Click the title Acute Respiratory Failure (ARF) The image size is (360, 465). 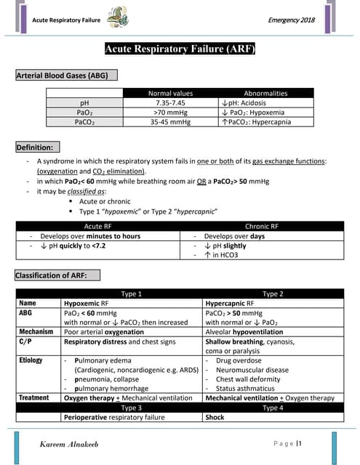point(180,49)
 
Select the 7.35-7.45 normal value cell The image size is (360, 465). point(171,102)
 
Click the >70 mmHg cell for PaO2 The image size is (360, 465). point(171,112)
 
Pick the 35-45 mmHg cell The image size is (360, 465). point(171,122)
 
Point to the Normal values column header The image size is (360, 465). point(171,93)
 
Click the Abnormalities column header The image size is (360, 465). point(265,93)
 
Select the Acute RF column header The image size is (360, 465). point(98,227)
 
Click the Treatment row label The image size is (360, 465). point(34,398)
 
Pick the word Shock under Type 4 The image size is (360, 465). point(216,417)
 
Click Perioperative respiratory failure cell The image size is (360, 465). point(114,417)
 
